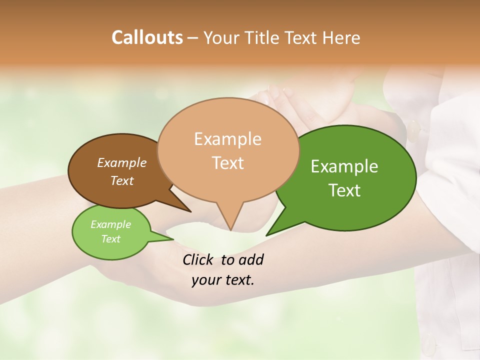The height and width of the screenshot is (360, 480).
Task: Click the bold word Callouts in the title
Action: [147, 37]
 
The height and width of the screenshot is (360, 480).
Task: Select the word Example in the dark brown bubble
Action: [122, 162]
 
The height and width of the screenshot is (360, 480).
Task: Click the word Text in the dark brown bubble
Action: [122, 180]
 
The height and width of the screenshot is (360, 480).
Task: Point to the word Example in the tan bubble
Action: [227, 139]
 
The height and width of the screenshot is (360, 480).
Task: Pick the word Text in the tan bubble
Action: [227, 163]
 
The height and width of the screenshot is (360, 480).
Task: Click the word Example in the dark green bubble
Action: [344, 166]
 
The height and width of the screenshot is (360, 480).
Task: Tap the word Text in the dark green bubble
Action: [344, 190]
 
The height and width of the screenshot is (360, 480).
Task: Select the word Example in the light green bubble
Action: [111, 224]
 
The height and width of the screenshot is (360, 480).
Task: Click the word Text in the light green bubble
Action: [111, 239]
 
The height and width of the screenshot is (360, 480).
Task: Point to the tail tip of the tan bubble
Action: [230, 230]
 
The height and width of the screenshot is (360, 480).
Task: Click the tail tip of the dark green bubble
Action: [266, 235]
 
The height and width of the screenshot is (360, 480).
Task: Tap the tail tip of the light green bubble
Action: [173, 239]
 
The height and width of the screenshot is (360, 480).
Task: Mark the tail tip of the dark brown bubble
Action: [190, 211]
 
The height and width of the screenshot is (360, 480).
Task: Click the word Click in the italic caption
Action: [199, 259]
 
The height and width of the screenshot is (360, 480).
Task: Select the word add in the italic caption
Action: [250, 259]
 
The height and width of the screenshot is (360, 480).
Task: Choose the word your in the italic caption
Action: [205, 280]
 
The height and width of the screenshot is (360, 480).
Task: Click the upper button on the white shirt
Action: [414, 131]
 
